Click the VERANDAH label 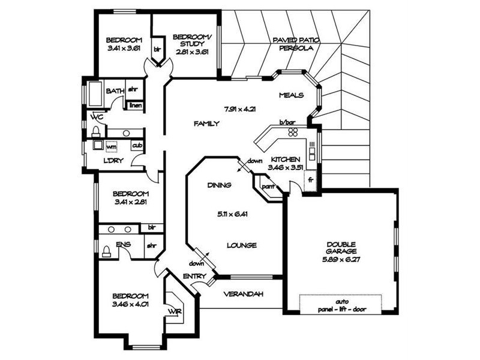point(240,294)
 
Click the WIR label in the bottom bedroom point(173,311)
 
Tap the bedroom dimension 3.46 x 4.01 point(130,304)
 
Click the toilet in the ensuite point(106,251)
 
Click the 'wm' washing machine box point(112,146)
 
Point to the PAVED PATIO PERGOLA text point(296,44)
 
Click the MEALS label point(292,95)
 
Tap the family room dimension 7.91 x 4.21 point(240,109)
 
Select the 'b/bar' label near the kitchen point(287,123)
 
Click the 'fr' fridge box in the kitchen point(310,179)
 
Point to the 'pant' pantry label point(266,186)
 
